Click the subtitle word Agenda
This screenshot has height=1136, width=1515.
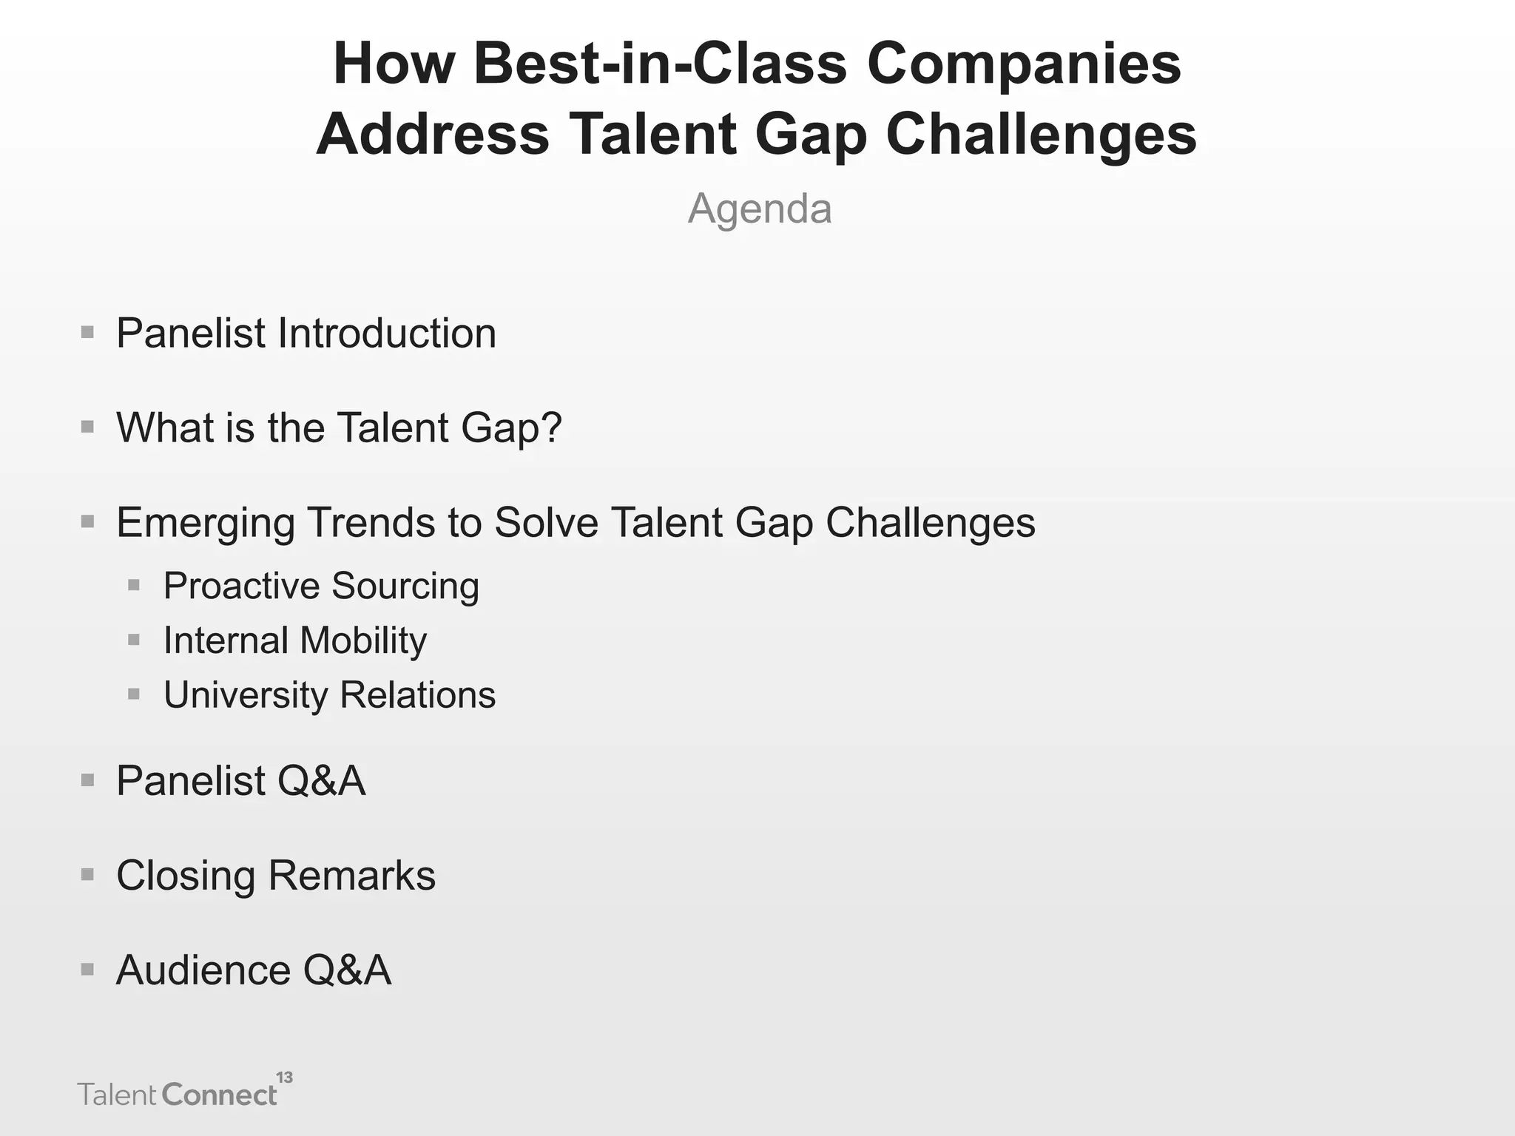click(760, 209)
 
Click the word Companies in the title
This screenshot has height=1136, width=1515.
click(1024, 64)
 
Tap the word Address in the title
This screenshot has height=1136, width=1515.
click(433, 135)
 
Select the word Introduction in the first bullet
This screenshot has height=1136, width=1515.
click(386, 334)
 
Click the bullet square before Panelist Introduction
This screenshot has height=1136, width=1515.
click(87, 332)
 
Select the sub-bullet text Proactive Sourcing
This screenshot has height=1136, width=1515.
click(321, 586)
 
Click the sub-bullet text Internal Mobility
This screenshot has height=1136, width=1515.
click(295, 640)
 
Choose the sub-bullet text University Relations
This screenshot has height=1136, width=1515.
click(329, 695)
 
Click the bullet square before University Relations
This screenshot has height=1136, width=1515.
click(134, 694)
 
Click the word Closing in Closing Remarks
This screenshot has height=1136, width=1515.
click(185, 876)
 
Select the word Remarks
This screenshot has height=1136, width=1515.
click(352, 876)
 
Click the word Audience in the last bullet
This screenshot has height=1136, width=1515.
click(203, 970)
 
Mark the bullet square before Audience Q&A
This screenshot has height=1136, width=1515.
click(87, 969)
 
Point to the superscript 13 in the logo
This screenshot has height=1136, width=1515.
click(285, 1078)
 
